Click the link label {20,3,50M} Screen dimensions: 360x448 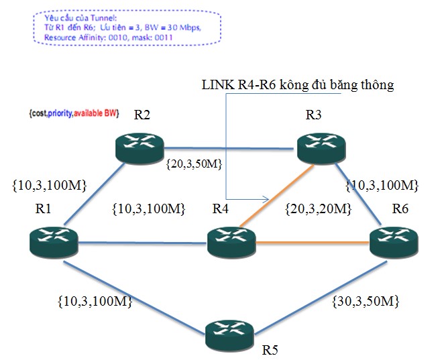[x=196, y=162]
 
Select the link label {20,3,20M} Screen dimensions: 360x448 [x=318, y=209]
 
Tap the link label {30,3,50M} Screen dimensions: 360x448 [x=366, y=302]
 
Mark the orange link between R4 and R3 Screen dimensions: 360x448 [x=276, y=195]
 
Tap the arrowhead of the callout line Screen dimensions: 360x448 [x=266, y=199]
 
